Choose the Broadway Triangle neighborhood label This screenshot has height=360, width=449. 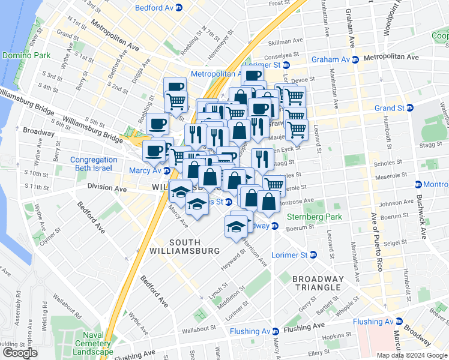pyautogui.click(x=318, y=284)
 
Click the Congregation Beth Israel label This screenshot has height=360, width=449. pyautogui.click(x=94, y=164)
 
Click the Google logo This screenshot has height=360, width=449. pyautogui.click(x=20, y=353)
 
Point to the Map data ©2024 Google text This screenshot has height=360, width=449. pyautogui.click(x=411, y=355)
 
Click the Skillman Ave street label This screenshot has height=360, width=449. pyautogui.click(x=286, y=41)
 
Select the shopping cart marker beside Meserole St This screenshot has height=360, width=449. pyautogui.click(x=274, y=185)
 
